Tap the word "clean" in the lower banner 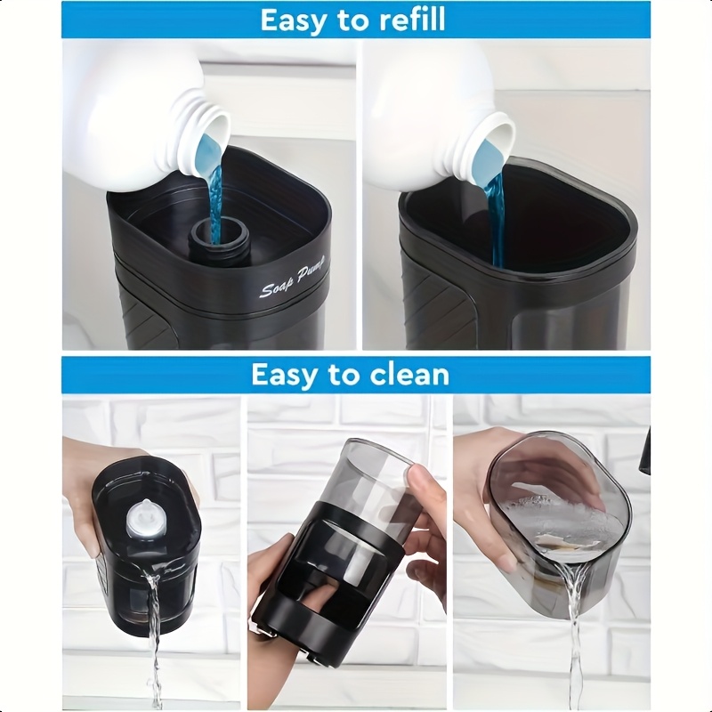click(x=409, y=374)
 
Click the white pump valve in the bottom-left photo click(x=141, y=520)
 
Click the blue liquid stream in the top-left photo click(x=214, y=195)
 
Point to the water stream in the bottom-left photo click(x=154, y=635)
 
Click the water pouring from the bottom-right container click(x=573, y=635)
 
